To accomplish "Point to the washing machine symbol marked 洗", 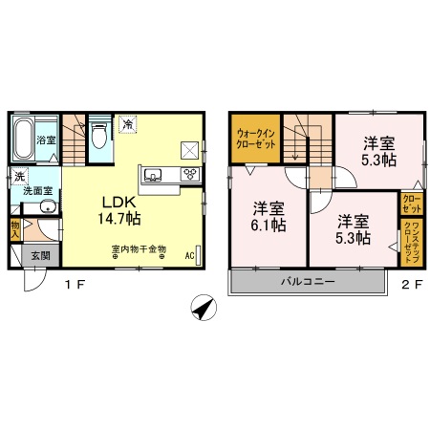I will point(19,176).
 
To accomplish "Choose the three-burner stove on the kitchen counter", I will point(188,175).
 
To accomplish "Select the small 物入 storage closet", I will point(16,229).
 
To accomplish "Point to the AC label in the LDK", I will point(189,256).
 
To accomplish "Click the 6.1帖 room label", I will point(269,217).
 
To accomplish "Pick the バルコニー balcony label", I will point(307,281).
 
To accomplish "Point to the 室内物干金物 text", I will point(139,249).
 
